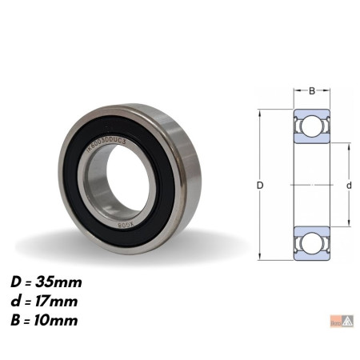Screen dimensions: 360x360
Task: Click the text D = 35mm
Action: coord(46,282)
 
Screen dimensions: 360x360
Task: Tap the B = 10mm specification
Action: coord(46,321)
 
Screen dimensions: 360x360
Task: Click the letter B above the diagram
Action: coord(312,90)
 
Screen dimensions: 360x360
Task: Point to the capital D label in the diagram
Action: coord(260,186)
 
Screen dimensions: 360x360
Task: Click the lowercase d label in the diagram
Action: coord(349,186)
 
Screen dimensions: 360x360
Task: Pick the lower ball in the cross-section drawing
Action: coord(312,241)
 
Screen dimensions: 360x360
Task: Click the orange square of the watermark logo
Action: coord(336,323)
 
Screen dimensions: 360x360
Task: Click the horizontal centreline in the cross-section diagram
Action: coord(312,185)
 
